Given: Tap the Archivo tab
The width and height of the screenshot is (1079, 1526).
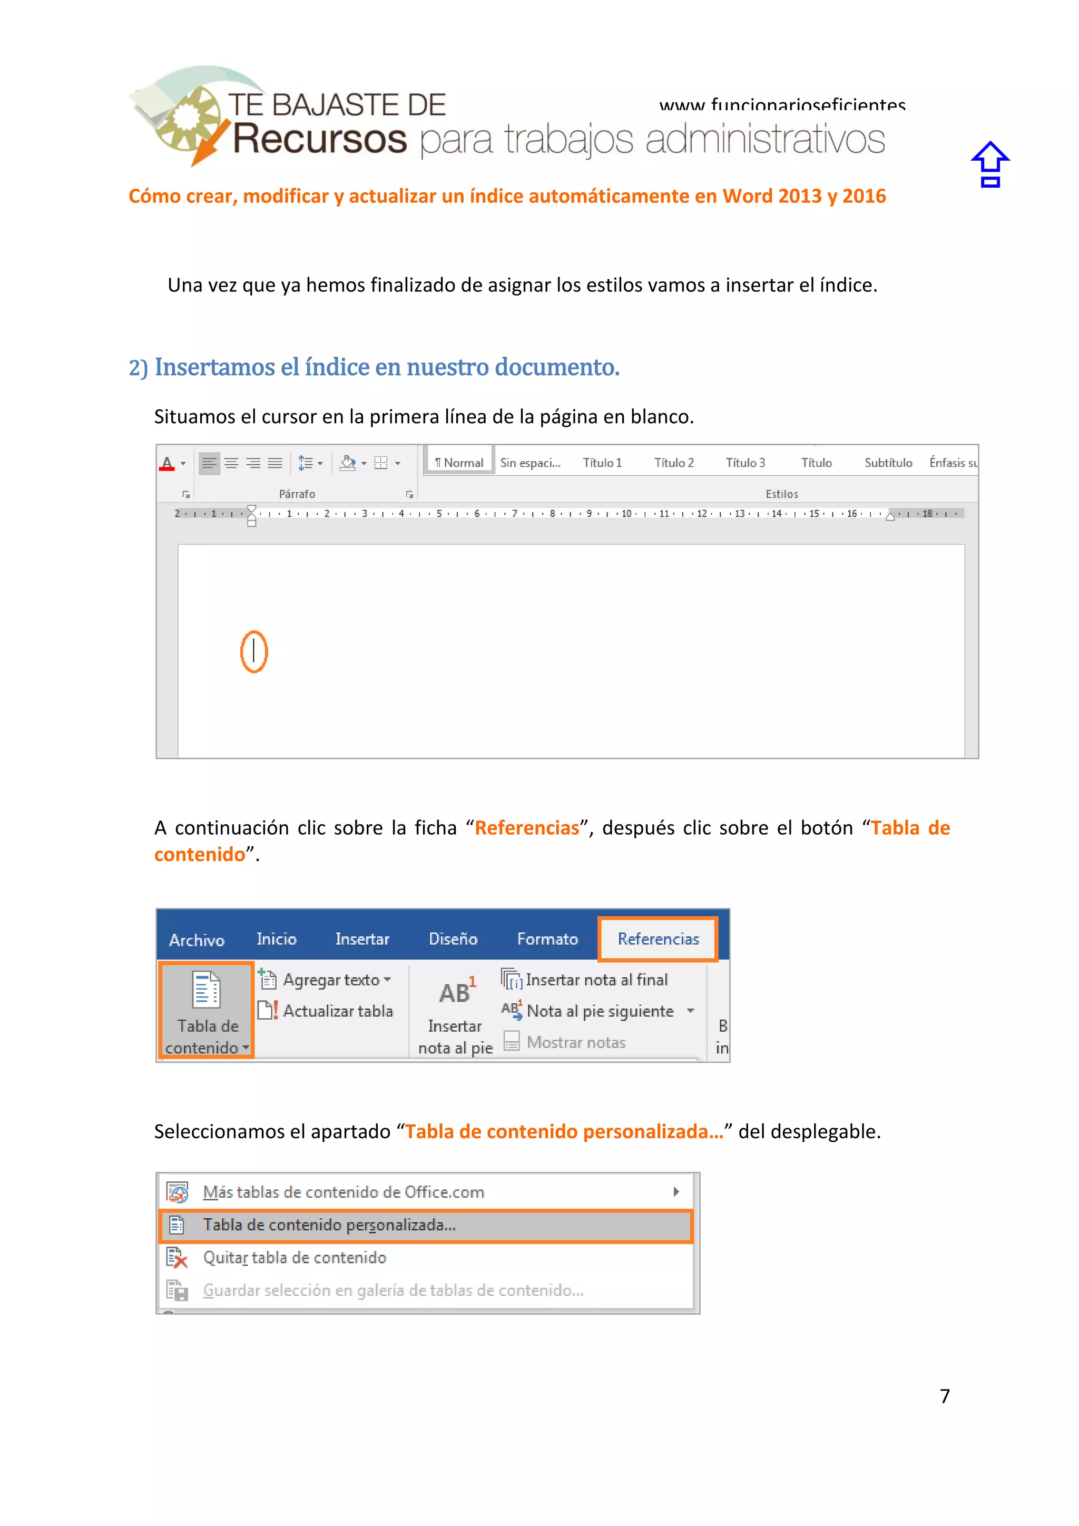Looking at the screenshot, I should click(197, 940).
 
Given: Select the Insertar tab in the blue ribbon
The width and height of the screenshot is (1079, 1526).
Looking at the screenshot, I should click(362, 939).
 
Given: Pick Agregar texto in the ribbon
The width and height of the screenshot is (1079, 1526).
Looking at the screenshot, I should click(330, 980).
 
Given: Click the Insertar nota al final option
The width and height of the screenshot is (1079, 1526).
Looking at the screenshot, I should click(595, 980).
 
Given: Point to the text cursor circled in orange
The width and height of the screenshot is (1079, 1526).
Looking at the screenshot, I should click(254, 651).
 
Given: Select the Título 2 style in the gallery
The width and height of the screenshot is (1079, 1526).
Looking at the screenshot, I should click(674, 463).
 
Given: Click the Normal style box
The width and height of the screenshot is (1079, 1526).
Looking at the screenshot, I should click(459, 463).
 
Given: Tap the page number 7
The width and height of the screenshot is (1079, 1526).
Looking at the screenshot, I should click(944, 1396).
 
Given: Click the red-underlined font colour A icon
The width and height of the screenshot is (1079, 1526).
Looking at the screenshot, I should click(167, 463).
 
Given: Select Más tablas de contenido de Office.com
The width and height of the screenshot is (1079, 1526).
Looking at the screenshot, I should click(344, 1192).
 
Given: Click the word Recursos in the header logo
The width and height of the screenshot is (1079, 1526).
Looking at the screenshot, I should click(320, 139).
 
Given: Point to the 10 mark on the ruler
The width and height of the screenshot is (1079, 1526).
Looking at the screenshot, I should click(626, 514).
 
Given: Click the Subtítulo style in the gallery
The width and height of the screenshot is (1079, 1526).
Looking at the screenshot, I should click(888, 463).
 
